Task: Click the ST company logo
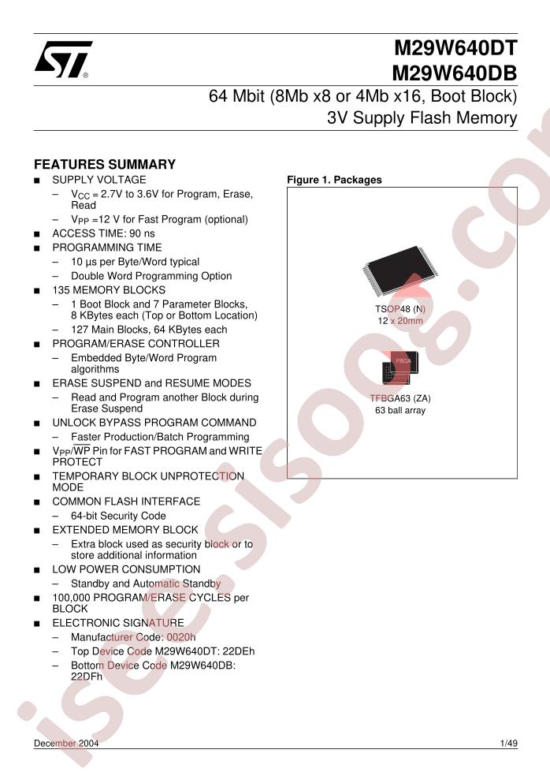(x=63, y=59)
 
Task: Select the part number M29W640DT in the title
(x=455, y=48)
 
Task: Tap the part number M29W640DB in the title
(x=455, y=73)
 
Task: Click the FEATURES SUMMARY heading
(x=105, y=164)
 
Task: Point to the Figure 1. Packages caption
(x=334, y=180)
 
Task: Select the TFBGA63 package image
(x=400, y=368)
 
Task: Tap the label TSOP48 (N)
(x=400, y=309)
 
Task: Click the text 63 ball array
(x=400, y=411)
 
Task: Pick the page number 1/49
(x=508, y=744)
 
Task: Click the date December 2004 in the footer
(x=66, y=744)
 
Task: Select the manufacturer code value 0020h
(x=181, y=637)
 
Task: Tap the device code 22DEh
(x=239, y=651)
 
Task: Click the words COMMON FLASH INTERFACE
(x=126, y=501)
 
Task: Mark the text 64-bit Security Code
(x=118, y=516)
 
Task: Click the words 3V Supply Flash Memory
(x=422, y=118)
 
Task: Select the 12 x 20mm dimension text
(x=400, y=321)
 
